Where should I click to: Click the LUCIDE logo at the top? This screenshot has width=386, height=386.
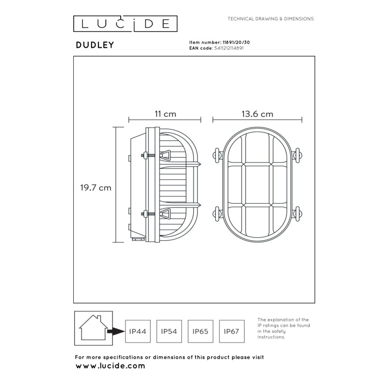click(x=125, y=24)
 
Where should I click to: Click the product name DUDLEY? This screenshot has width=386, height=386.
click(x=95, y=45)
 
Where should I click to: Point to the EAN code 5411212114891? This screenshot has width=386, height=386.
click(x=229, y=49)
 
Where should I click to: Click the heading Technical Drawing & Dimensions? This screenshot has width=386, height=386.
click(x=271, y=19)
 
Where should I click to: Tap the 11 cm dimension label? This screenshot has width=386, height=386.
click(x=165, y=114)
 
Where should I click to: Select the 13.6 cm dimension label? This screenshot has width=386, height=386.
click(x=257, y=114)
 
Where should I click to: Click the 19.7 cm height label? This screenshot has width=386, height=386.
click(x=96, y=188)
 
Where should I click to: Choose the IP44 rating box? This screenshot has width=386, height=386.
click(x=138, y=331)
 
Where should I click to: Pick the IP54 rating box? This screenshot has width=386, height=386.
click(x=169, y=331)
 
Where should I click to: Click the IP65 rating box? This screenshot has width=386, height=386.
click(x=200, y=331)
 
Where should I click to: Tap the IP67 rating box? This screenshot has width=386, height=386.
click(x=232, y=331)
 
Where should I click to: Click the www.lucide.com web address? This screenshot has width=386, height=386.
click(x=110, y=366)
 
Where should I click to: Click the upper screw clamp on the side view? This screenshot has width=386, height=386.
click(x=162, y=155)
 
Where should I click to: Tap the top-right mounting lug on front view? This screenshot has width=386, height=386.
click(x=298, y=155)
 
